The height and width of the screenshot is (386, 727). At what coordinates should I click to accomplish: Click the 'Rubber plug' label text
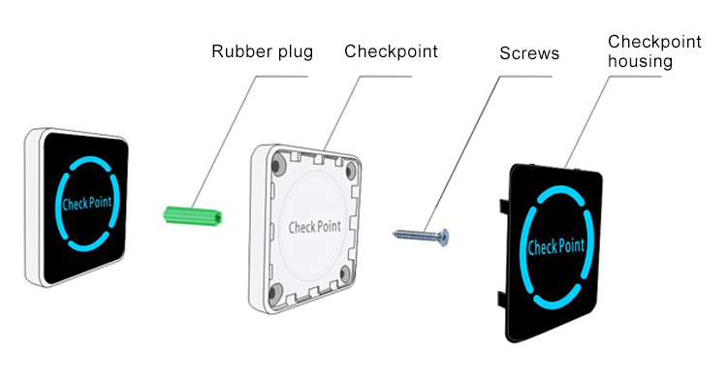coord(262,51)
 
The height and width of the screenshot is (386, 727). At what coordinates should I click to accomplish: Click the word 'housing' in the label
coord(641,60)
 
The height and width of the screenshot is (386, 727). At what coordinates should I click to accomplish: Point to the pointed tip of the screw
coord(395,233)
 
